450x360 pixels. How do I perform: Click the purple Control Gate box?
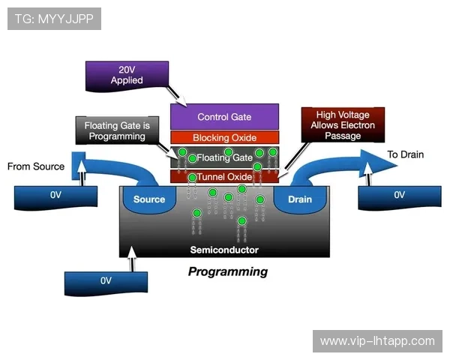tap(224, 117)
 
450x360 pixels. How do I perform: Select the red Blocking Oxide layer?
tap(224, 138)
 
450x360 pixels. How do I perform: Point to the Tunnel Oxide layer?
tap(224, 177)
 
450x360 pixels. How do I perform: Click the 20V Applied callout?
tap(127, 75)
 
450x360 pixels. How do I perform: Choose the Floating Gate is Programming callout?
tap(116, 130)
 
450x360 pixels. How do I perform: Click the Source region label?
tap(148, 199)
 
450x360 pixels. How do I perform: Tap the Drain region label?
tap(299, 199)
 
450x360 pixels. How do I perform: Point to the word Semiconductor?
tap(224, 250)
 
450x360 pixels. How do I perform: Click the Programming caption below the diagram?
tap(227, 271)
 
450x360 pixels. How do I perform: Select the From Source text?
tap(36, 166)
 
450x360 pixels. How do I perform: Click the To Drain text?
tap(405, 155)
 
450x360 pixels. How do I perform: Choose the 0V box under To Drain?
tap(398, 196)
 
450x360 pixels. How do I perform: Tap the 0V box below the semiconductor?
tap(106, 281)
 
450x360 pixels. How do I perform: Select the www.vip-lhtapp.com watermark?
tap(377, 340)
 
